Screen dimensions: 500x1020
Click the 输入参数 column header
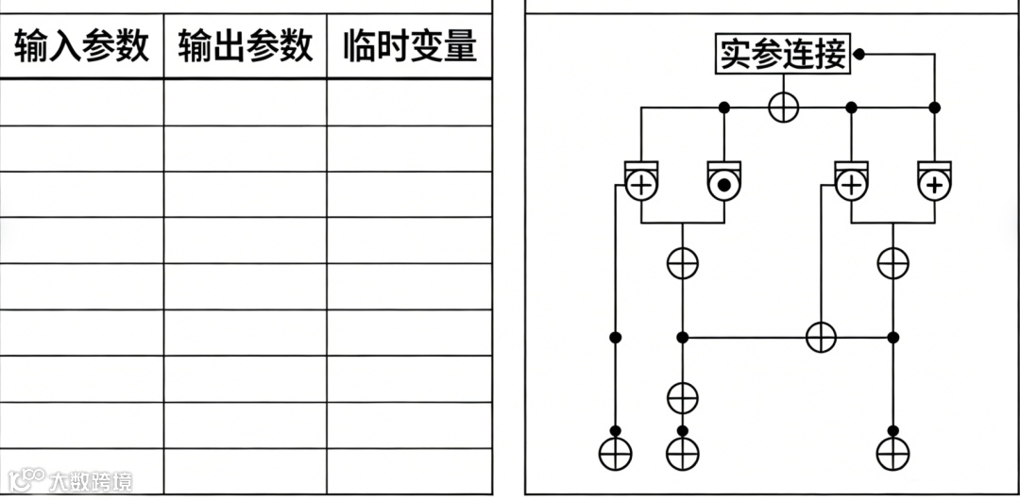[x=81, y=45]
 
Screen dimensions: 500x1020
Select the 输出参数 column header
[x=246, y=45]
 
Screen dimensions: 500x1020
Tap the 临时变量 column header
[x=410, y=45]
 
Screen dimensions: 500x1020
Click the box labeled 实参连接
[x=783, y=55]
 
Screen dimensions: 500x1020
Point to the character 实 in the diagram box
[x=735, y=55]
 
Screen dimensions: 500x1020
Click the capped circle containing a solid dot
[x=724, y=184]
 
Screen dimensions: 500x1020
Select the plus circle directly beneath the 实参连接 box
[x=783, y=107]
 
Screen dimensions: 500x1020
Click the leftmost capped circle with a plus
[x=641, y=184]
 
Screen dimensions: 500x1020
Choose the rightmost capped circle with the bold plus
[x=934, y=184]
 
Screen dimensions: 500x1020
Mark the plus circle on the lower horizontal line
[x=821, y=337]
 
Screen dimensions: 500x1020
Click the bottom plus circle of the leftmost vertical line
[x=615, y=455]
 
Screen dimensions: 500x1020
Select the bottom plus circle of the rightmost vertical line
[x=892, y=455]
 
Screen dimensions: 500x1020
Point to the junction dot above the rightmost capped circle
[x=934, y=108]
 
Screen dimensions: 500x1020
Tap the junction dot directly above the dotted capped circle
[x=724, y=108]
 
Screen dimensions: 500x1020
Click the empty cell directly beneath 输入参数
[x=81, y=102]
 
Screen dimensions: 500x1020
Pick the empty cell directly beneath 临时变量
[x=410, y=102]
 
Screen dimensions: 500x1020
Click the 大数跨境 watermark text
[x=91, y=481]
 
